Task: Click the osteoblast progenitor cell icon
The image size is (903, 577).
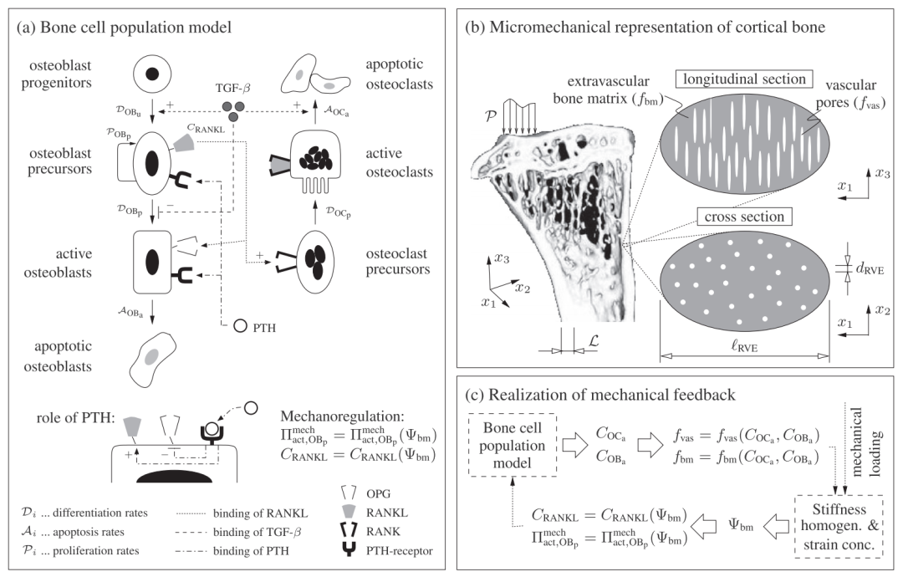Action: pos(153,74)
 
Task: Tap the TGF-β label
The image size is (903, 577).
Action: pos(232,89)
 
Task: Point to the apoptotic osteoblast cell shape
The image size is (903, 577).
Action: pos(152,360)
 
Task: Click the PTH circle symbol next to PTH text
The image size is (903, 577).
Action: pos(241,326)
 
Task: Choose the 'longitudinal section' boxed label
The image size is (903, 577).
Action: pos(744,79)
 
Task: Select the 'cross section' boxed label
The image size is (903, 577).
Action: pos(744,217)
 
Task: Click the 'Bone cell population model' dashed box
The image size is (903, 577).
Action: pos(513,445)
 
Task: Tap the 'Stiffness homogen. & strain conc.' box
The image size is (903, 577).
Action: pos(839,526)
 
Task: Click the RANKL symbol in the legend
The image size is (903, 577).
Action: pos(350,512)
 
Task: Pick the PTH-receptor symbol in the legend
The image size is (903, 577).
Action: pos(349,550)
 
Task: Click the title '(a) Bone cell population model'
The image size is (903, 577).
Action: pos(124,27)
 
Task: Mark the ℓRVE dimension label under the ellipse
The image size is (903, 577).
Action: pos(744,346)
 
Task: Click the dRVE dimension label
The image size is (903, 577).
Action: pos(870,268)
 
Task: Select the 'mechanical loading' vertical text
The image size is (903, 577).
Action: pos(865,442)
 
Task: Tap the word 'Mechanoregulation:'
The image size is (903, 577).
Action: pos(342,416)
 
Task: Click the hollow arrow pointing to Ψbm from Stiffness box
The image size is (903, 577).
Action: pos(775,525)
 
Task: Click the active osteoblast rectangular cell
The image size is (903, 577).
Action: pos(152,262)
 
